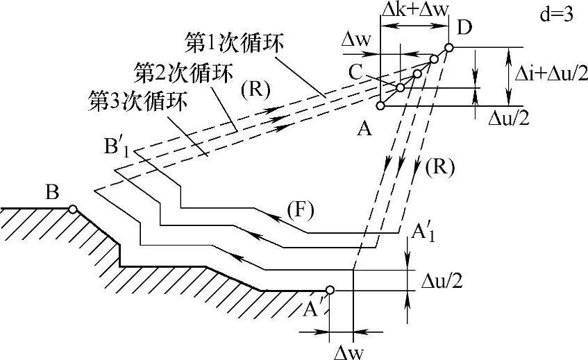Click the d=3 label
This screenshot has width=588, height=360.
point(555,15)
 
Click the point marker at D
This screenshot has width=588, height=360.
point(448,48)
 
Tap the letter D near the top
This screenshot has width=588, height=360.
point(464,28)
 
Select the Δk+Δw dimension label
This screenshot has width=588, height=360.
point(414,12)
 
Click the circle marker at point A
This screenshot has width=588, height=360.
point(380,106)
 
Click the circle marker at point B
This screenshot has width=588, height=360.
point(72,208)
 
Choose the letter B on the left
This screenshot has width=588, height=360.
point(51,191)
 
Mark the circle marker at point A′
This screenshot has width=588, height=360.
point(330,290)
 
